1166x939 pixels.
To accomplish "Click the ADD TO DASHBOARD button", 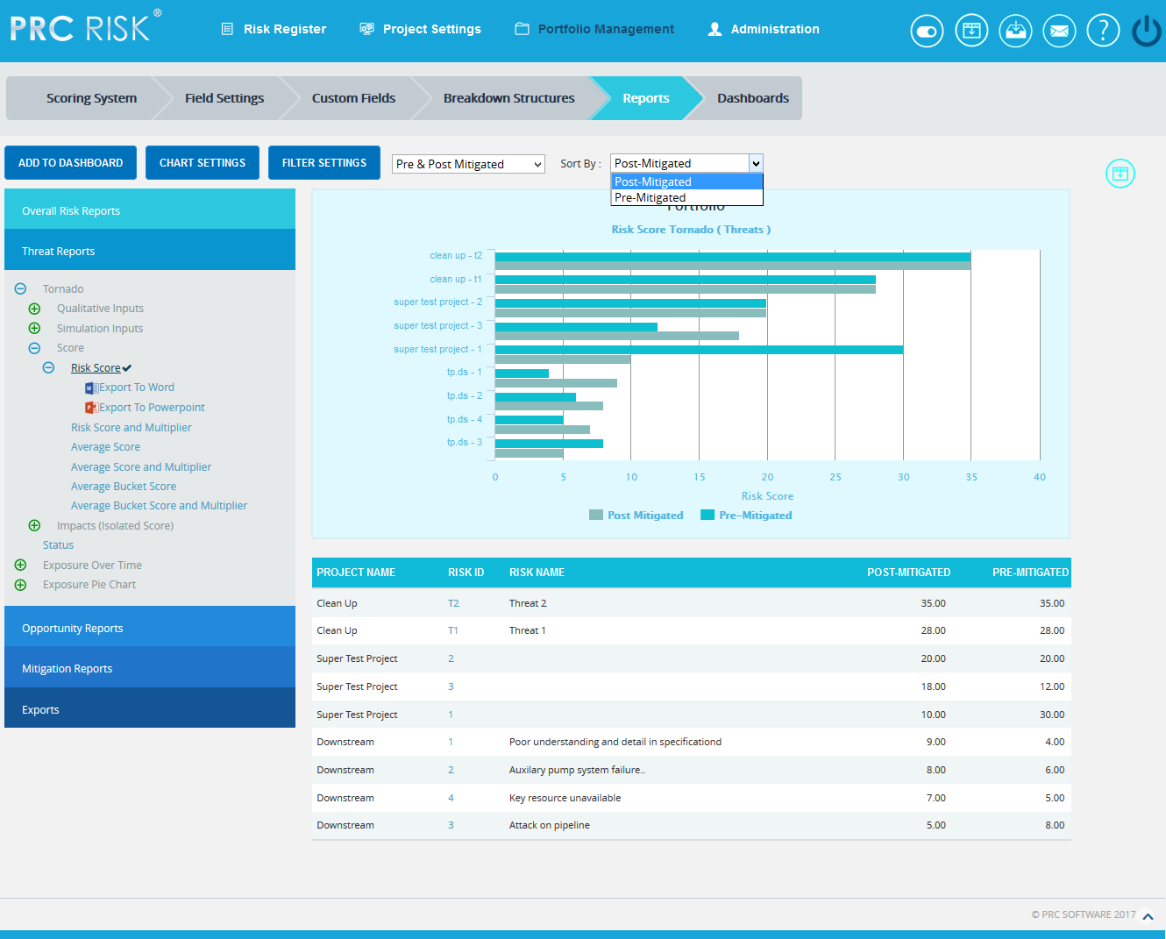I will pos(70,163).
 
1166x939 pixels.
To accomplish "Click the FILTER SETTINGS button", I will pos(323,163).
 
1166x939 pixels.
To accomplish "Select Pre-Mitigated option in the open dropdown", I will pos(650,198).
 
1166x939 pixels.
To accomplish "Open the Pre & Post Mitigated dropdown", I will pos(468,164).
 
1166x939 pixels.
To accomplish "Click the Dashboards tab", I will pos(752,98).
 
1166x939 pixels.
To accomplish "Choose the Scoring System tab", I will pos(91,98).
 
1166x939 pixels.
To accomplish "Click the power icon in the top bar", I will pos(1146,31).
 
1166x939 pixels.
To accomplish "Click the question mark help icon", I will pos(1102,31).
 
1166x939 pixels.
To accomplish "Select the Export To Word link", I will pos(136,388).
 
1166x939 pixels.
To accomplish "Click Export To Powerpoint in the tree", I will pos(151,408).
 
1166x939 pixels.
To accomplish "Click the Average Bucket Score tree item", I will pos(124,487).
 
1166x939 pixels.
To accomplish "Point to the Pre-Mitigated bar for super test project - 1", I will pos(699,350).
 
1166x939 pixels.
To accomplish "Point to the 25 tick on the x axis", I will pos(835,477).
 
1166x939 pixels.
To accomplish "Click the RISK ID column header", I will pos(466,573).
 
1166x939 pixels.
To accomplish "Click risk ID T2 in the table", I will pos(453,603).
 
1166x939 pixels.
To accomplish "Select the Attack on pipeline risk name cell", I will pos(549,825).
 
